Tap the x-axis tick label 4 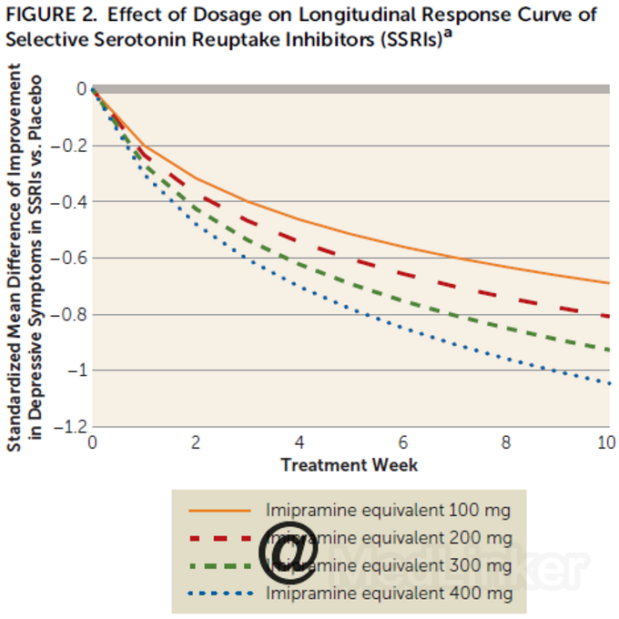click(299, 443)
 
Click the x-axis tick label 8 click(506, 443)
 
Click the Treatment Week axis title click(350, 464)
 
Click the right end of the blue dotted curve click(608, 383)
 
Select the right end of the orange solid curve click(608, 282)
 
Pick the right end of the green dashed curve click(608, 350)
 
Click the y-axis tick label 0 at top click(80, 89)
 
